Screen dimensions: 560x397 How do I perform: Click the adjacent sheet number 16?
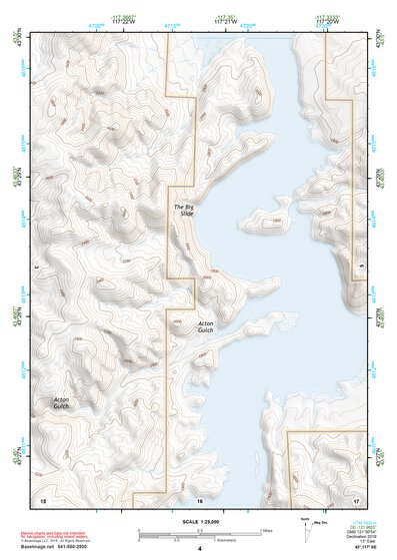point(199,498)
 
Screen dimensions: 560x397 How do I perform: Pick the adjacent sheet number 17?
point(356,498)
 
